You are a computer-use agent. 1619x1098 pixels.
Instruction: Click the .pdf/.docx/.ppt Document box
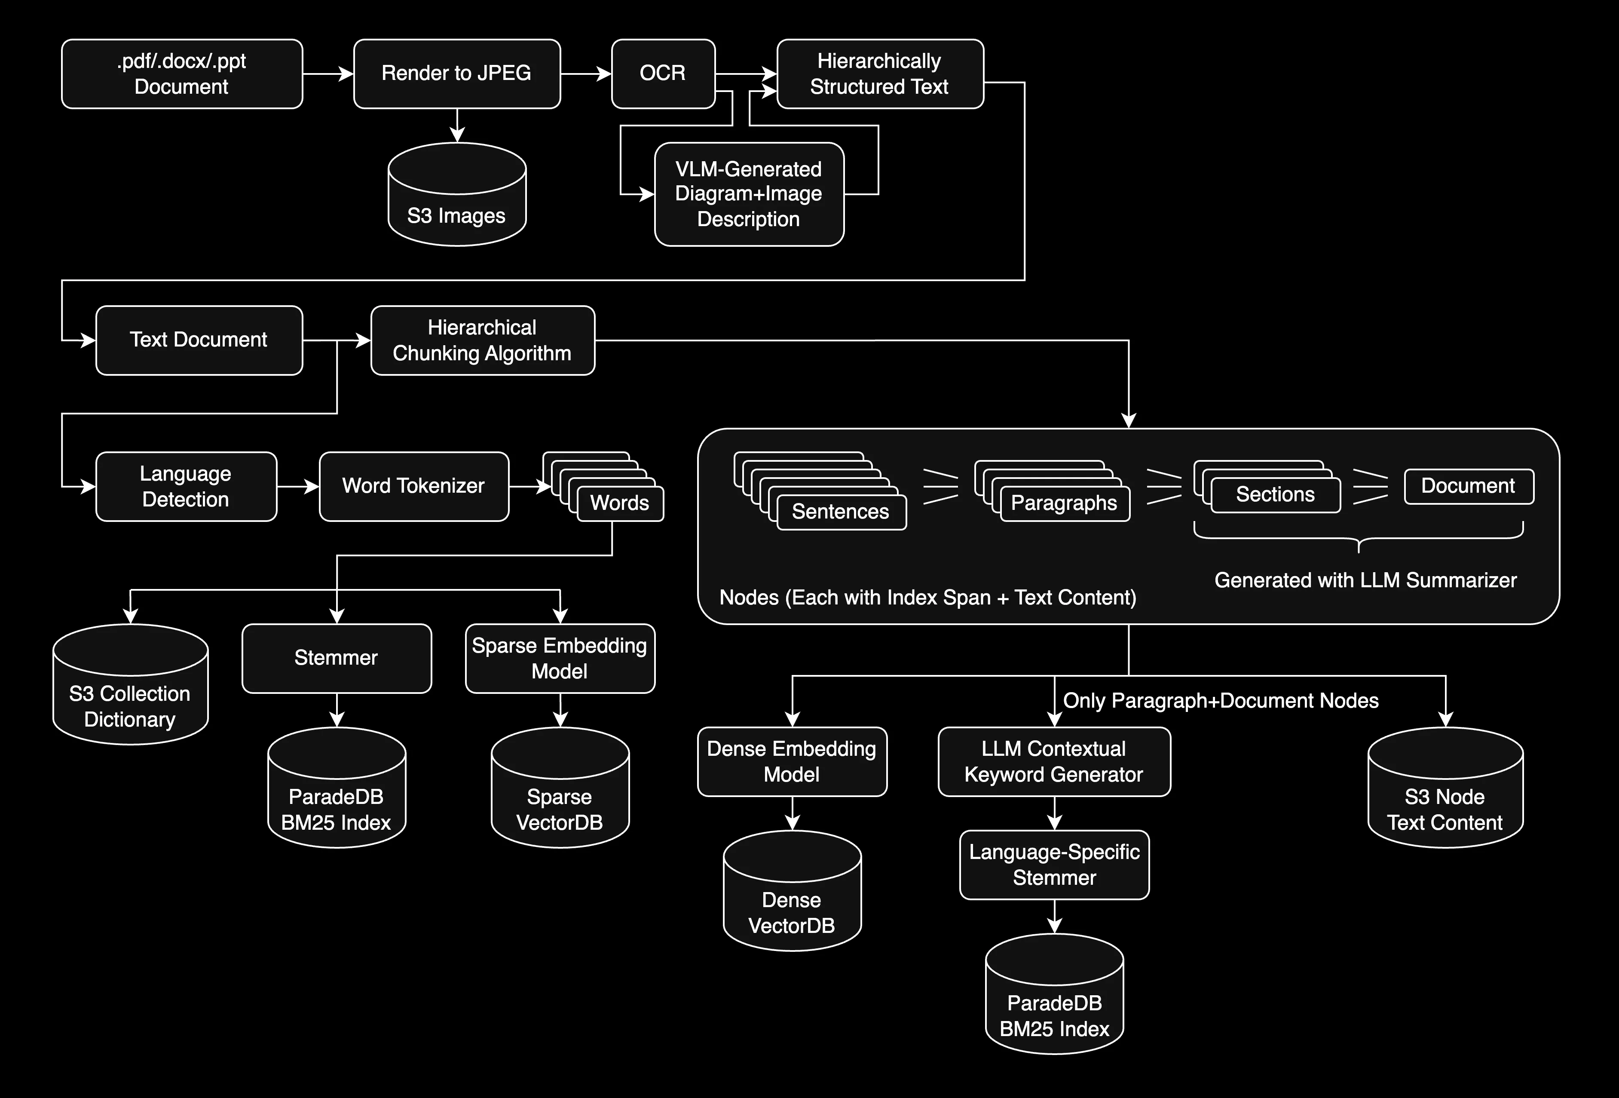182,74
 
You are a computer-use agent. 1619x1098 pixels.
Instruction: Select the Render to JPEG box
457,74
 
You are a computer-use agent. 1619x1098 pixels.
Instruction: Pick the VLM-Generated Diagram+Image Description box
749,194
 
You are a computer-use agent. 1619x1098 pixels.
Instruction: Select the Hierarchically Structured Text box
880,74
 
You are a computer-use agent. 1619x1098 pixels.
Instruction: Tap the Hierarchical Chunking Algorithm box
482,340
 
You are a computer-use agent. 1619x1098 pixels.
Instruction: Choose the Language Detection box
186,486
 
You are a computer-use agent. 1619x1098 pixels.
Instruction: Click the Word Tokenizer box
414,486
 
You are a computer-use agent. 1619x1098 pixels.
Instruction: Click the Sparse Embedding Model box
560,658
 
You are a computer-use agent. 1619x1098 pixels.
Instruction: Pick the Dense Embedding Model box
792,761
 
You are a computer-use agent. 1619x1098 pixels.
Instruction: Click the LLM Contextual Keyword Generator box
1054,761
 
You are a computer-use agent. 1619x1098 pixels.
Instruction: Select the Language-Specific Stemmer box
1054,865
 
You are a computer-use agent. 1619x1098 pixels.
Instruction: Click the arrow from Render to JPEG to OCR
586,74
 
